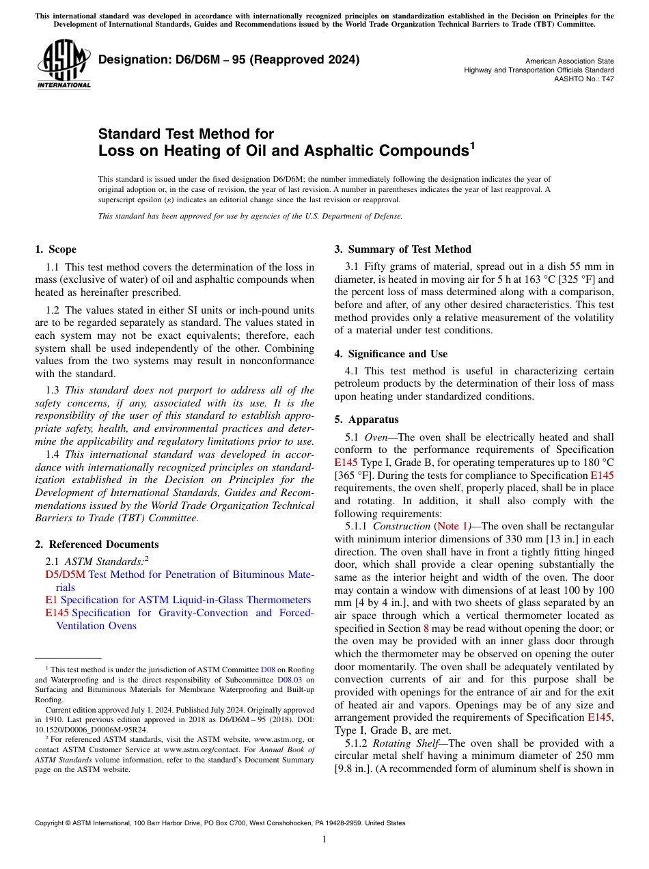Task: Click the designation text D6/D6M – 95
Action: [x=229, y=60]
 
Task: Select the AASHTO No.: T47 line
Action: [x=583, y=79]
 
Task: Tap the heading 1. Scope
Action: [x=55, y=249]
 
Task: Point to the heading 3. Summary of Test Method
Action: [x=402, y=249]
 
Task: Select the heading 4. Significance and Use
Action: [x=391, y=354]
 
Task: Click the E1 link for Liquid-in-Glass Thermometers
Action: [x=50, y=600]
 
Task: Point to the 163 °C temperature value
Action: [x=512, y=279]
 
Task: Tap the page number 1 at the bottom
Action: [x=324, y=840]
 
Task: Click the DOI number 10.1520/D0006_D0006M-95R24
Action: [x=91, y=730]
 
